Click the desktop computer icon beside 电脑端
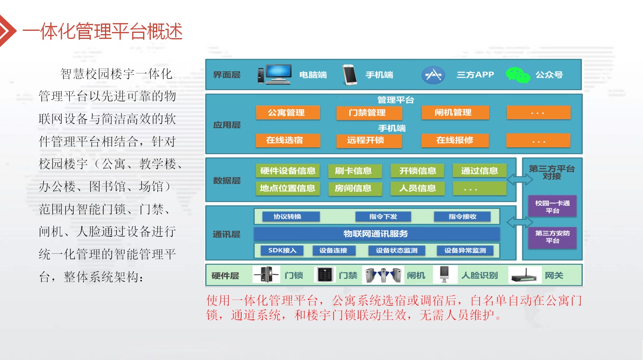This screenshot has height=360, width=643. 274,74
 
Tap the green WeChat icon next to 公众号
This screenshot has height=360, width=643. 518,75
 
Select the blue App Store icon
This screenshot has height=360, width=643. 433,75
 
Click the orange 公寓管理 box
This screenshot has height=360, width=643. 287,113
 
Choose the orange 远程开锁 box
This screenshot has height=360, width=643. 369,140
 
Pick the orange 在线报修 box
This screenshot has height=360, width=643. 455,140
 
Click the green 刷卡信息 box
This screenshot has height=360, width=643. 355,171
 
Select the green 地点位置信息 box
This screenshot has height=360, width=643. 287,189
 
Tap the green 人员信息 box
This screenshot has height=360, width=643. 417,189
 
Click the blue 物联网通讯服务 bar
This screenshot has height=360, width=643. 377,234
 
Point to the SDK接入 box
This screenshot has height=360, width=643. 282,250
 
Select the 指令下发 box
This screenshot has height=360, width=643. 383,216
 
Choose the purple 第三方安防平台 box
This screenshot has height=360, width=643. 552,237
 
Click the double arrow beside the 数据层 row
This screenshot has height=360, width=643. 520,180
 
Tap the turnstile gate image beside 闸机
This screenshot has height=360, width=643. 383,275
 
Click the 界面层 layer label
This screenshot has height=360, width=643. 227,75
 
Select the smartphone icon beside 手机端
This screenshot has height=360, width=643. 349,75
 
